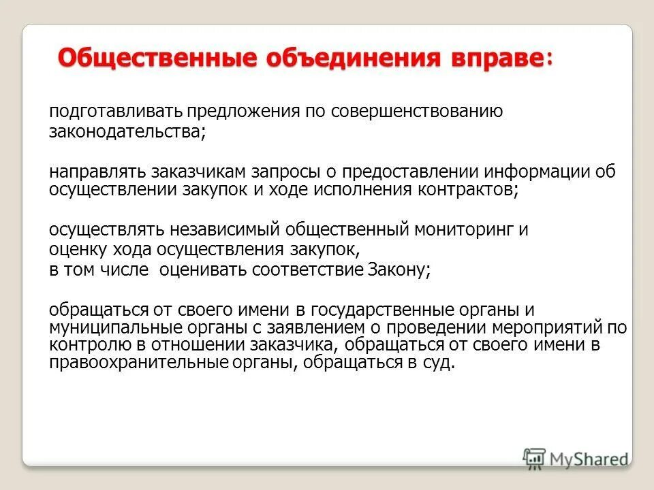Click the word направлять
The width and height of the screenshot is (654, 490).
tap(96, 171)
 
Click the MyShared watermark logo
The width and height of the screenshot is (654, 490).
tap(576, 457)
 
